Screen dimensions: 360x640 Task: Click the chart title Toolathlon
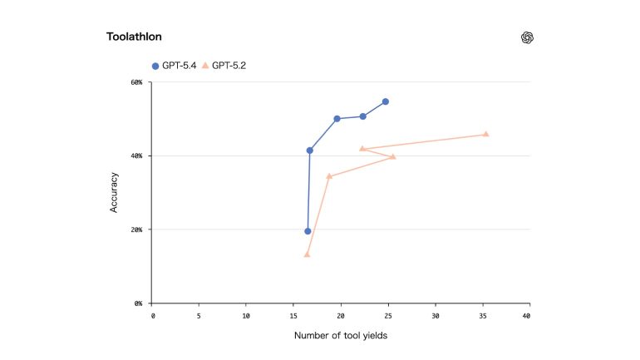[x=134, y=37]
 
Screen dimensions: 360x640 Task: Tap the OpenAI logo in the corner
[x=527, y=37]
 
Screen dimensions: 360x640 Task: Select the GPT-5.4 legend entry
[x=174, y=65]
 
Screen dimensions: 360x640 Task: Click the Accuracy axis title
[x=114, y=193]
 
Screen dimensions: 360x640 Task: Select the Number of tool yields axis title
[x=342, y=336]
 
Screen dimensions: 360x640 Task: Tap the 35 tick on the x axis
[x=483, y=316]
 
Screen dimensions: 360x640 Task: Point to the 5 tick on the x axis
[x=199, y=316]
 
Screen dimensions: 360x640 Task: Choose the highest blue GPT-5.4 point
[x=386, y=101]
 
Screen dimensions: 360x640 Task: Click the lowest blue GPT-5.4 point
[x=308, y=231]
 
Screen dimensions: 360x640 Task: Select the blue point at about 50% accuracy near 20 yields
[x=337, y=119]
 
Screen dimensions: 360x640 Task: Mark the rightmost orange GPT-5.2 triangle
[x=486, y=134]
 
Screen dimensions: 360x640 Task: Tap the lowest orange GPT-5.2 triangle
[x=307, y=254]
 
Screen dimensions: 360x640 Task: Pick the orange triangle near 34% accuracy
[x=329, y=176]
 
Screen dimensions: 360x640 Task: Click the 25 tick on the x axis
[x=388, y=316]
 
